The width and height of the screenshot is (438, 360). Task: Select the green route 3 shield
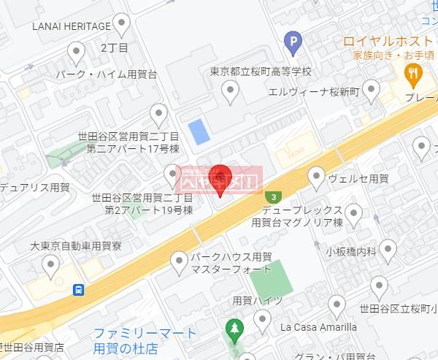click(273, 196)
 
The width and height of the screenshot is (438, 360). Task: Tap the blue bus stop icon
click(78, 289)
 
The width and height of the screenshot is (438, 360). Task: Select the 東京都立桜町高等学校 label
click(260, 72)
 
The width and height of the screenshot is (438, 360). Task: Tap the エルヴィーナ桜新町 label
click(314, 91)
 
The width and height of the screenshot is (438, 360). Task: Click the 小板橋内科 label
click(350, 252)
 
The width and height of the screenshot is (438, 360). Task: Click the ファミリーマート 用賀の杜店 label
click(145, 340)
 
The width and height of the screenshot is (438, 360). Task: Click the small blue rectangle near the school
click(198, 132)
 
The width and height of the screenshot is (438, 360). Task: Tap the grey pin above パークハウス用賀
click(179, 260)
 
